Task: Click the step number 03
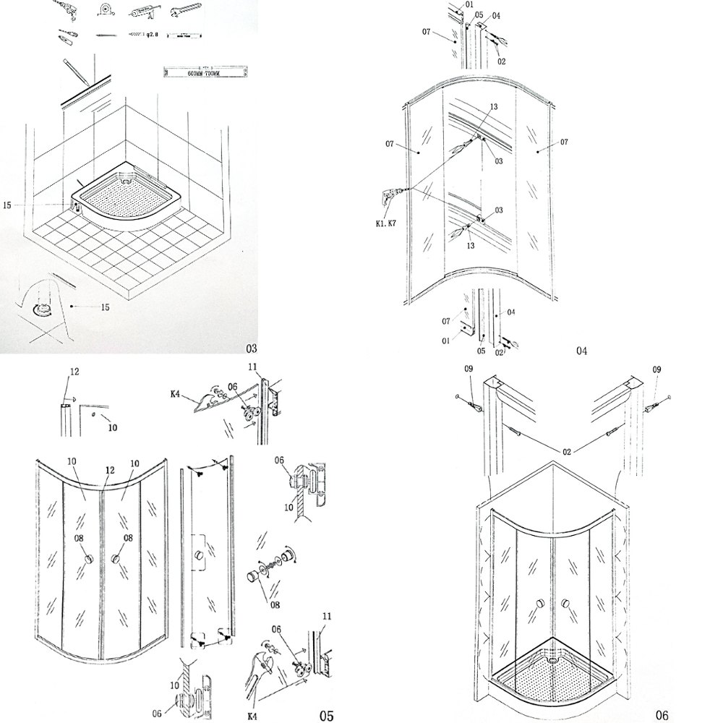tap(251, 348)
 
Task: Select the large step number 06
tap(662, 715)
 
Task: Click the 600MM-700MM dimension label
tap(208, 73)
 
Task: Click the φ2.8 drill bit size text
tap(148, 34)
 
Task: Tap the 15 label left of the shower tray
tap(7, 205)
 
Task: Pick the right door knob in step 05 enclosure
tap(116, 559)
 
